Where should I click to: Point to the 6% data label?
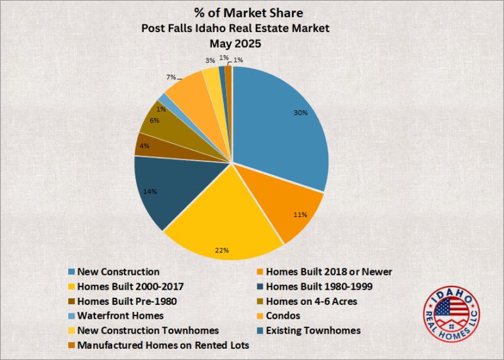[155, 121]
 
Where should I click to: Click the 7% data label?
[171, 77]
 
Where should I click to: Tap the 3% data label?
[209, 60]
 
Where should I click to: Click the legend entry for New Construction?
[118, 271]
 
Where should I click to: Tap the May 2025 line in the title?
[235, 44]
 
